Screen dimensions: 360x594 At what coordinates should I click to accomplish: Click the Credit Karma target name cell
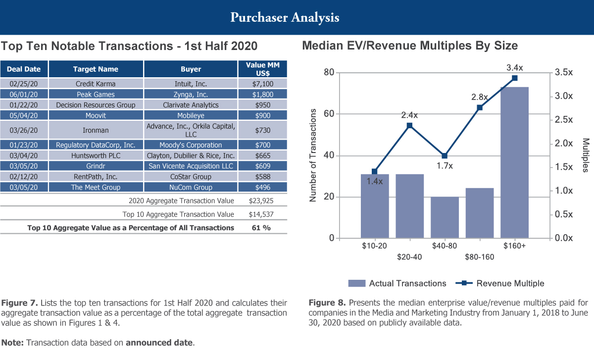point(96,84)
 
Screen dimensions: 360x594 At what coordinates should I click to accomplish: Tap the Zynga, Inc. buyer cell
point(191,94)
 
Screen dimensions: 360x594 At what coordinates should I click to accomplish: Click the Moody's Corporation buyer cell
point(191,145)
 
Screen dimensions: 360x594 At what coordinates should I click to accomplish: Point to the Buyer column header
point(191,69)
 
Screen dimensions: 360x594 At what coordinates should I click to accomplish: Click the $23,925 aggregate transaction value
point(261,201)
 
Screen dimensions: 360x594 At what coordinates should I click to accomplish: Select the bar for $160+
point(514,162)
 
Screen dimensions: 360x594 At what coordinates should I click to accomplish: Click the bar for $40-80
point(445,217)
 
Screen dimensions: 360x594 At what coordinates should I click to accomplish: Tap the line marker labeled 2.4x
point(409,125)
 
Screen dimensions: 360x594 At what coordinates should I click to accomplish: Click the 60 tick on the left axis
point(328,114)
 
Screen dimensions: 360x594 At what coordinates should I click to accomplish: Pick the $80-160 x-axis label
point(479,257)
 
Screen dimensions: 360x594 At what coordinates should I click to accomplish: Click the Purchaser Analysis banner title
point(285,17)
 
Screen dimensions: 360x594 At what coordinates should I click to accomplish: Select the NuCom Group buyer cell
point(191,187)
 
